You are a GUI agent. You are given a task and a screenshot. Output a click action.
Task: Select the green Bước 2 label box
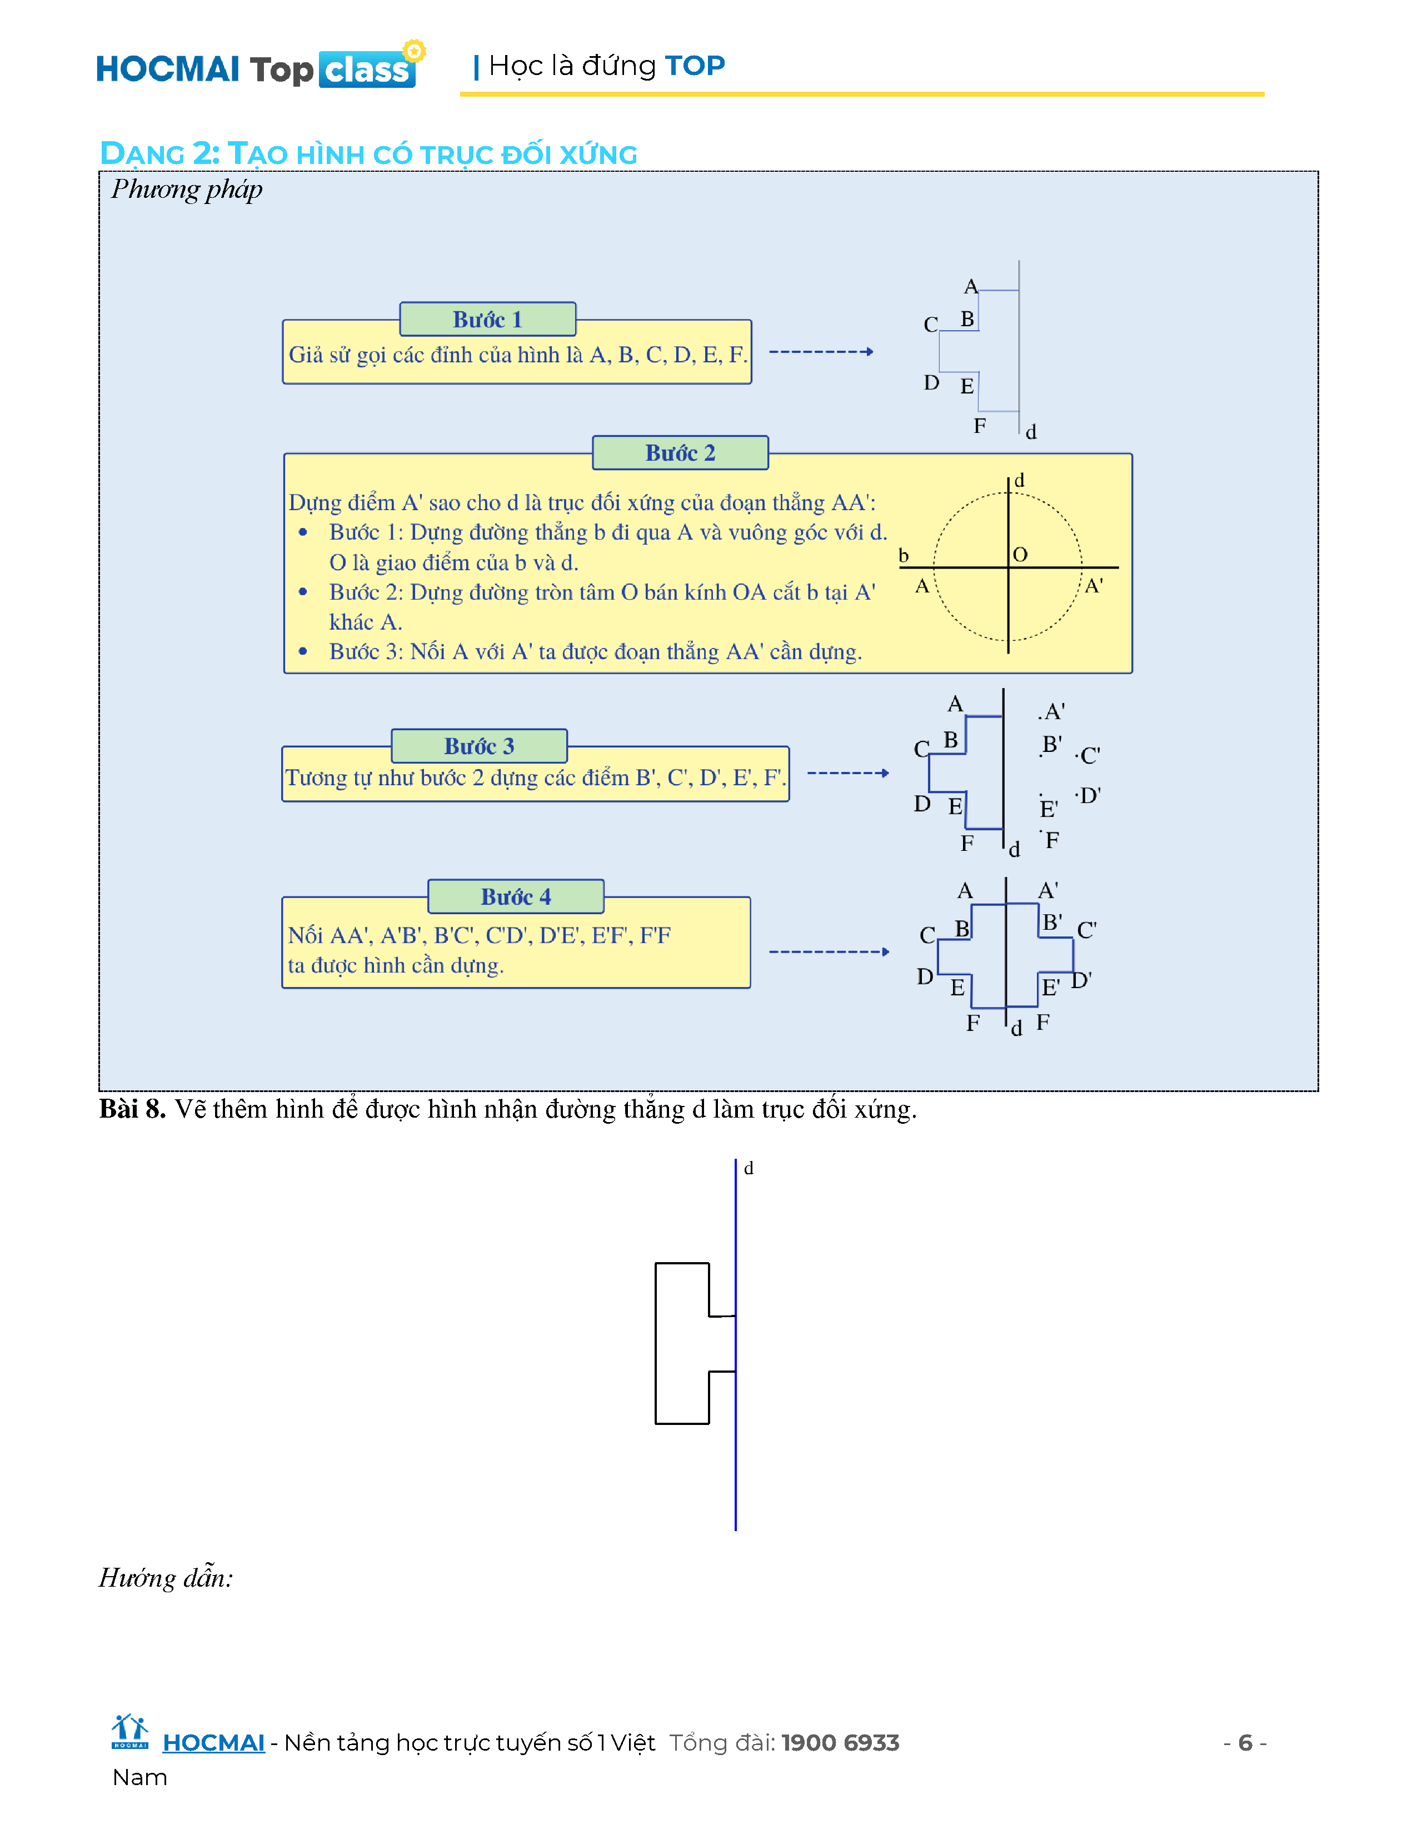tap(680, 452)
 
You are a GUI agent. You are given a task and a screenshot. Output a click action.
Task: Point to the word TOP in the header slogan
tap(694, 66)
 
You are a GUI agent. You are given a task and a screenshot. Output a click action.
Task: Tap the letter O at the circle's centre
tap(1020, 554)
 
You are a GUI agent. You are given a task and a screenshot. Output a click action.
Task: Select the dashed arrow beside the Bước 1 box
tap(821, 352)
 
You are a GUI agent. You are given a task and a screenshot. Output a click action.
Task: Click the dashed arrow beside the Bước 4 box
tap(829, 951)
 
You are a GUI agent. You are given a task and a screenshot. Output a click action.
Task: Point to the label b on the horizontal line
tap(903, 555)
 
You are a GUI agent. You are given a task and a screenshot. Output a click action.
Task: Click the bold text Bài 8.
tap(132, 1109)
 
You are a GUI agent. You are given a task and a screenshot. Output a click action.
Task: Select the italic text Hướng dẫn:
tap(166, 1578)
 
